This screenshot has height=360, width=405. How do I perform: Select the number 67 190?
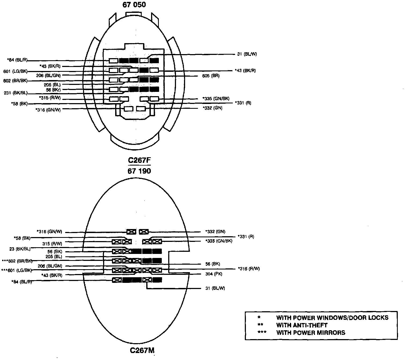[x=139, y=171]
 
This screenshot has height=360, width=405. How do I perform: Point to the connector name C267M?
[x=142, y=350]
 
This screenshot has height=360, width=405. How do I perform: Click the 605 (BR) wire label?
[x=211, y=76]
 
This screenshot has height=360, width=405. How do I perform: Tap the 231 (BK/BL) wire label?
[x=16, y=93]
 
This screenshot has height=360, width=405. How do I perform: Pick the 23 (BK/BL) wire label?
[x=20, y=249]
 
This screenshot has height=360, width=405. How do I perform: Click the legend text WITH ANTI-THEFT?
[x=302, y=325]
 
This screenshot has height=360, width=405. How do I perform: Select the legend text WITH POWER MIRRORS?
[x=311, y=333]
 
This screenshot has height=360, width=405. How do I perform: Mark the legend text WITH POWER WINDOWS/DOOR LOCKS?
[x=332, y=318]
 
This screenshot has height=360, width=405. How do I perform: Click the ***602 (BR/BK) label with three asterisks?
[x=17, y=261]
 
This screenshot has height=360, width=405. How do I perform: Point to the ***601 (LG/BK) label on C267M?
[x=17, y=270]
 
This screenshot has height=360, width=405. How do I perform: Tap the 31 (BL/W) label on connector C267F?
[x=247, y=54]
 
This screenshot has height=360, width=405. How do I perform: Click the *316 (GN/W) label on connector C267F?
[x=48, y=110]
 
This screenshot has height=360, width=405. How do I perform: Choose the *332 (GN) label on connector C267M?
[x=215, y=232]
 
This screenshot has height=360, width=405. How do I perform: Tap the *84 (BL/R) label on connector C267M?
[x=21, y=282]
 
